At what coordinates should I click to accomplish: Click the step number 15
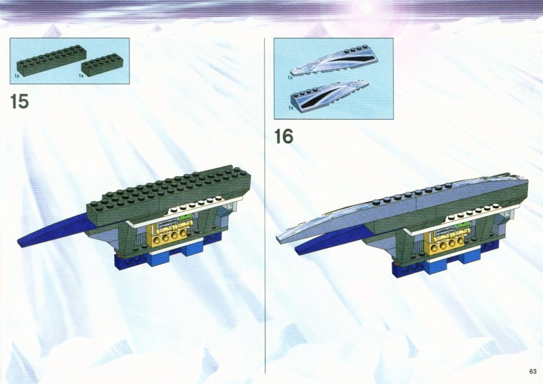tap(20, 101)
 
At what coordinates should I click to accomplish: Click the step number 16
tap(284, 137)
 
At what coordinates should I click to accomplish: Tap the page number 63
tap(533, 372)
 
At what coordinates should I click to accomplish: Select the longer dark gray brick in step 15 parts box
tap(48, 61)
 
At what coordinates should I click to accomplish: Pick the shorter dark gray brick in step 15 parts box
tap(100, 65)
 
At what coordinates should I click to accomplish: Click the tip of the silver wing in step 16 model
tap(277, 238)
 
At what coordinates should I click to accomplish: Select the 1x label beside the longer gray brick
tap(17, 75)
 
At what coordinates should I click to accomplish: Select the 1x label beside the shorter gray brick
tap(81, 75)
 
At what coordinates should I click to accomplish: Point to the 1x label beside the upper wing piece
tap(291, 78)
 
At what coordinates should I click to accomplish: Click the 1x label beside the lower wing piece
tap(291, 108)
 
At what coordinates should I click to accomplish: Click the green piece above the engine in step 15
tap(185, 219)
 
